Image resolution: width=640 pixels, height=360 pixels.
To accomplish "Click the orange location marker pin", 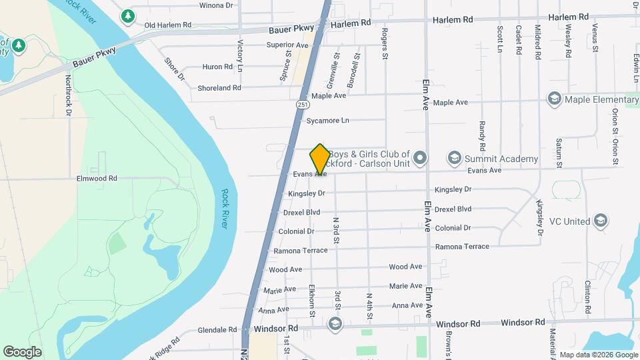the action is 320,160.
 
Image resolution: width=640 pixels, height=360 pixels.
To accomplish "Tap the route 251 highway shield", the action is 303,105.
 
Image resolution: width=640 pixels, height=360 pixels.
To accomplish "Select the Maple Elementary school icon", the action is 553,99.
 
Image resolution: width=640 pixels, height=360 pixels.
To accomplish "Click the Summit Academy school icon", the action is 455,158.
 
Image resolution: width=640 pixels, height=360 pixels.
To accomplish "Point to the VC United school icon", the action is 601,221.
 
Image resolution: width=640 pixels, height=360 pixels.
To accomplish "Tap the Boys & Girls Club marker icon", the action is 419,158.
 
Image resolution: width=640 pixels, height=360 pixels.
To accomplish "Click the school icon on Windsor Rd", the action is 335,324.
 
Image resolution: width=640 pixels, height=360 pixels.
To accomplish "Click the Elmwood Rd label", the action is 97,179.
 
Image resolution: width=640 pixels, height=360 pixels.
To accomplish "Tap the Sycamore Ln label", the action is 327,121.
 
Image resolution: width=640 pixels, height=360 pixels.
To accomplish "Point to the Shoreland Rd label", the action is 219,88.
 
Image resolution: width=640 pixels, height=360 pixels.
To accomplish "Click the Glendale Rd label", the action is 217,329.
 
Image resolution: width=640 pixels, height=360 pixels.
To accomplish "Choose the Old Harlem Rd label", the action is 168,25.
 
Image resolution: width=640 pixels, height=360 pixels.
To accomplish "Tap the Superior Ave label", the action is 287,45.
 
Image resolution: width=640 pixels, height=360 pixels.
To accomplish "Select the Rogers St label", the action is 385,43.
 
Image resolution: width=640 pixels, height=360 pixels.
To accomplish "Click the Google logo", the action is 22,351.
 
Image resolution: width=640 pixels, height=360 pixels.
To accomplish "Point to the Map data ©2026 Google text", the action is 599,355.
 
